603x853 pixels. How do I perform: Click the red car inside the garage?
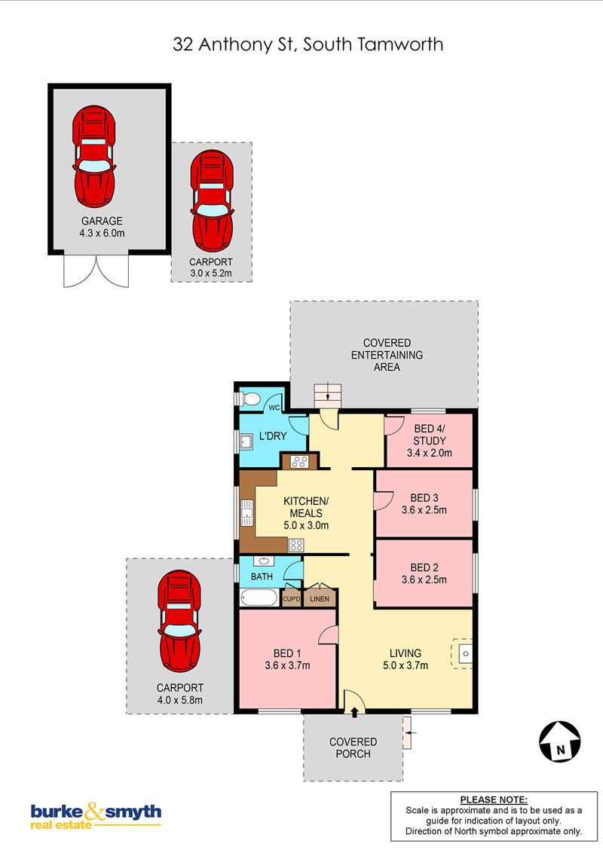click(93, 156)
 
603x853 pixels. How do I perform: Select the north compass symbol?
click(559, 741)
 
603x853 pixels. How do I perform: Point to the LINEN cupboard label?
click(320, 599)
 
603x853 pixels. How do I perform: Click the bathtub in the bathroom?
click(259, 598)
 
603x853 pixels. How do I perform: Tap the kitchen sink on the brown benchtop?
click(247, 513)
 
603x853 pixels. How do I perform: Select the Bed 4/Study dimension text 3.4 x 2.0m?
click(430, 453)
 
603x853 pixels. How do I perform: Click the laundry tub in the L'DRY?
click(246, 442)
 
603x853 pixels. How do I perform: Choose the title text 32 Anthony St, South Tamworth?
click(308, 44)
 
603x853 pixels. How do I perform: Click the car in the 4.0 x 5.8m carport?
click(179, 621)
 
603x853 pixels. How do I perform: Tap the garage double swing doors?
click(96, 271)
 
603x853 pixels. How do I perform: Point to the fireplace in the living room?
click(462, 653)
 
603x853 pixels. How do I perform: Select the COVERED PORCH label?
click(354, 748)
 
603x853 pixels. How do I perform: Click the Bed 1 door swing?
click(328, 635)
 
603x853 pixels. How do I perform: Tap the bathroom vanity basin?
click(264, 561)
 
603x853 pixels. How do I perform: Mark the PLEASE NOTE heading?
click(494, 799)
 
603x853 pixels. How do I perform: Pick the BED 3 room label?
click(424, 498)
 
